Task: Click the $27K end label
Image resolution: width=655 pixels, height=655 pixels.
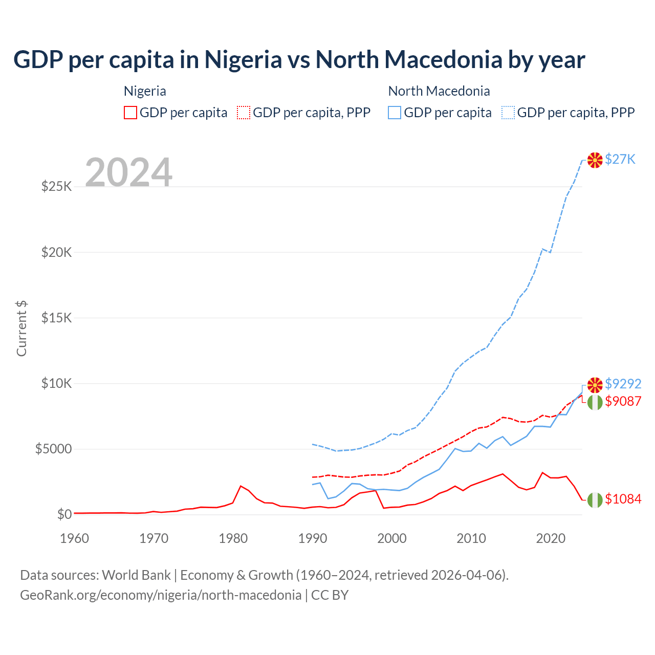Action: (x=620, y=159)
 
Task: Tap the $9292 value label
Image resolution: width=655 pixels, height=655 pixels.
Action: (x=623, y=384)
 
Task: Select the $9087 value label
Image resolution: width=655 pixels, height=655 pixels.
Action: (x=623, y=401)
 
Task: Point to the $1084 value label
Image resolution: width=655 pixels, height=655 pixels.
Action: (x=623, y=499)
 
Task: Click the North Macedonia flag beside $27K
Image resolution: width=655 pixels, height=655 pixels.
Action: (x=595, y=160)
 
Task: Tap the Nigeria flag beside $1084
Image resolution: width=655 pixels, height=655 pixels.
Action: (x=595, y=500)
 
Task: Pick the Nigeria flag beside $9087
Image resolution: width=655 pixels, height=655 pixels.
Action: (x=595, y=402)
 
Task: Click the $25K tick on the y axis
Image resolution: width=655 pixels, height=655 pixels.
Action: (x=56, y=186)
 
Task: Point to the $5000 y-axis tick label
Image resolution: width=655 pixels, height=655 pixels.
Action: (x=53, y=449)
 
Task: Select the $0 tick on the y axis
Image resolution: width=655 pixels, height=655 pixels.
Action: (x=64, y=514)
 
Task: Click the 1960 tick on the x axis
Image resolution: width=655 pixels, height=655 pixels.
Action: (x=75, y=538)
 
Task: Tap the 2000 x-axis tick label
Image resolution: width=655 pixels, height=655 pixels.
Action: (x=392, y=538)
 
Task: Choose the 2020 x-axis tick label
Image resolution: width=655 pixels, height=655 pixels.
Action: (x=551, y=538)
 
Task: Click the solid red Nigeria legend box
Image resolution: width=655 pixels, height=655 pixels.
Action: (x=130, y=113)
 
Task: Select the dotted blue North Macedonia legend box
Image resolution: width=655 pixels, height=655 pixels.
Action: (x=508, y=113)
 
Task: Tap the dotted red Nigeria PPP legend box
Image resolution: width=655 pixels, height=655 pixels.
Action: (x=244, y=113)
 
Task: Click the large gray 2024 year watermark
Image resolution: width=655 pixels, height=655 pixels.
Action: (x=128, y=172)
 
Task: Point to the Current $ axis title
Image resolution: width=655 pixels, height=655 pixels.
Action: (x=21, y=329)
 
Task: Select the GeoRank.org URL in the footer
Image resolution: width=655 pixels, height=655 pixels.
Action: (x=161, y=595)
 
